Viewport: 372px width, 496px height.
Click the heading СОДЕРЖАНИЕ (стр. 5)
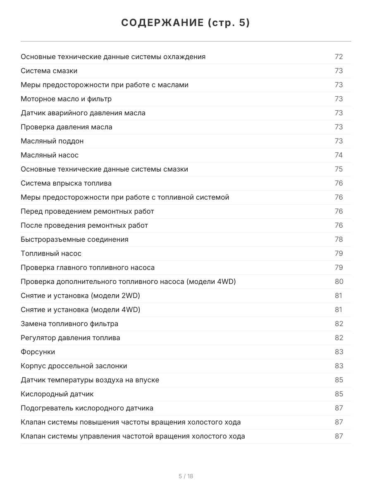click(186, 23)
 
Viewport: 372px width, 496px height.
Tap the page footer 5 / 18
click(186, 476)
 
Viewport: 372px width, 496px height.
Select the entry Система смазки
click(49, 71)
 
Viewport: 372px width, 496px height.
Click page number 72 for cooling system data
click(339, 57)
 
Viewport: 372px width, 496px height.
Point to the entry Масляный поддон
click(52, 141)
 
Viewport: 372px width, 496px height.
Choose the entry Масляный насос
click(50, 155)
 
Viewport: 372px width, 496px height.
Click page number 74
click(339, 155)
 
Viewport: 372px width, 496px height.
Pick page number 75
click(339, 169)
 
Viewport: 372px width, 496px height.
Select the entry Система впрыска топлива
click(66, 183)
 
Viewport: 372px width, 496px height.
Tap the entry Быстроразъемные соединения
click(74, 239)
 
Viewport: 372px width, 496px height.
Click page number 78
click(339, 239)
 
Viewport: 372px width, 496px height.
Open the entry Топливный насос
click(51, 253)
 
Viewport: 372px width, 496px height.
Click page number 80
click(339, 281)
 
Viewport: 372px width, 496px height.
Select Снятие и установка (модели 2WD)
click(80, 296)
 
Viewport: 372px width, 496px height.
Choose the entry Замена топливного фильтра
click(69, 324)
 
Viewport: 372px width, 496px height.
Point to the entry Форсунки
click(38, 352)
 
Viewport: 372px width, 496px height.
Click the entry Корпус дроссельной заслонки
click(74, 366)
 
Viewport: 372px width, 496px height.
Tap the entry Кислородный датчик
click(57, 394)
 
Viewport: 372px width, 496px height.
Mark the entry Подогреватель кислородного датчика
click(87, 408)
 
